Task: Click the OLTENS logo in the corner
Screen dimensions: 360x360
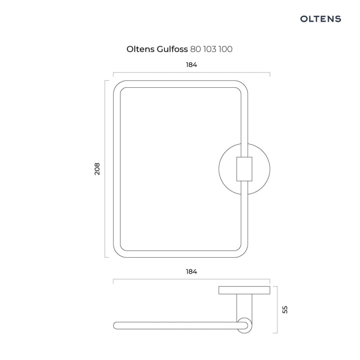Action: (321, 19)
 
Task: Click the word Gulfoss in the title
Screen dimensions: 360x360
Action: (172, 49)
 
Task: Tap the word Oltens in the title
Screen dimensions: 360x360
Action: (141, 49)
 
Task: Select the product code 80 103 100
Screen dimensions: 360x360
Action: (211, 49)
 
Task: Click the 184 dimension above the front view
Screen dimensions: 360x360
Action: (192, 65)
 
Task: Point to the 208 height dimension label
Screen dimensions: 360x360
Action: (97, 169)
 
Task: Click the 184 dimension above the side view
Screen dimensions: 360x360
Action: (192, 272)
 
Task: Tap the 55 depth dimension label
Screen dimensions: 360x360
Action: (285, 310)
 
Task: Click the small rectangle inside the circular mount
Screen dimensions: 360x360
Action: (244, 169)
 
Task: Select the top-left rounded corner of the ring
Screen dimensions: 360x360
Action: (118, 85)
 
